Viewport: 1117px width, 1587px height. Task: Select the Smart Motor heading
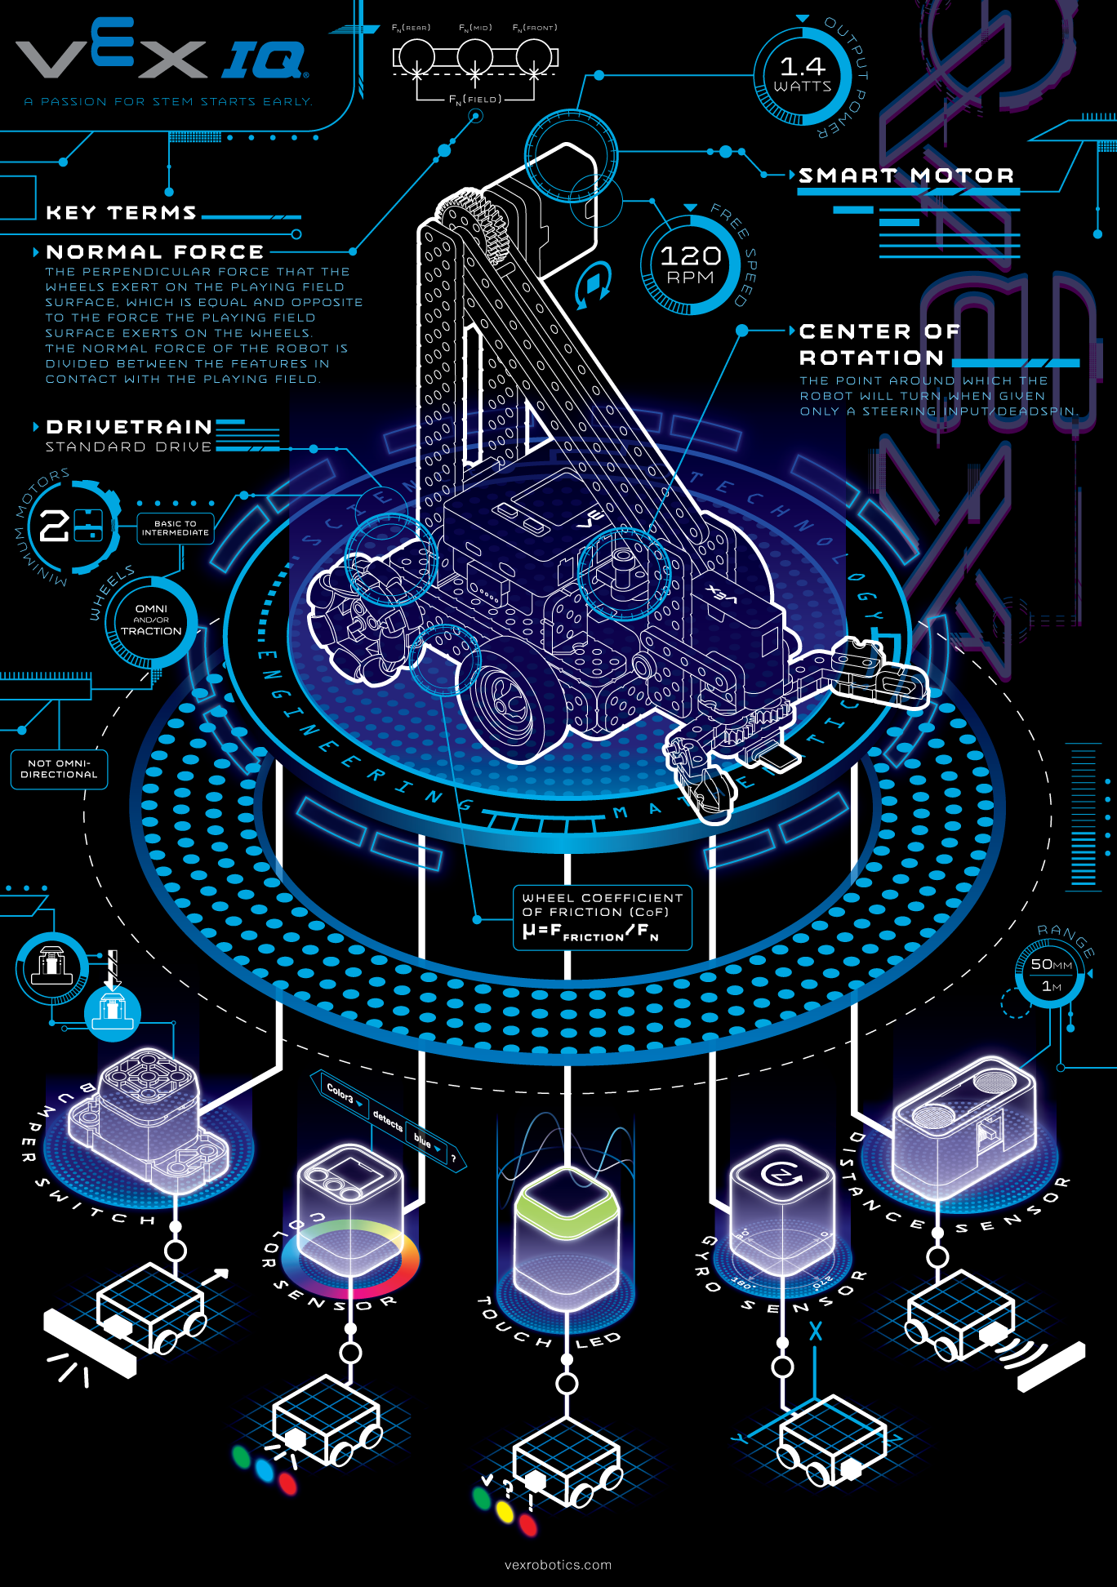click(x=906, y=176)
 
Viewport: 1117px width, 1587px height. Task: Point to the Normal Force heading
click(x=155, y=252)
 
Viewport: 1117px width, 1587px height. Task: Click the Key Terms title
click(x=121, y=213)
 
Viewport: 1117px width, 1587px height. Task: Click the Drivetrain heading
click(x=129, y=427)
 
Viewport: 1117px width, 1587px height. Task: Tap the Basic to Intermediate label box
click(x=175, y=528)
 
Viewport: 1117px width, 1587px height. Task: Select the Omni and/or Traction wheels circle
click(x=151, y=620)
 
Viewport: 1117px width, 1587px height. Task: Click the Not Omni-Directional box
click(x=59, y=769)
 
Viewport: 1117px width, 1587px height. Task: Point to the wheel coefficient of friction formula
click(x=602, y=918)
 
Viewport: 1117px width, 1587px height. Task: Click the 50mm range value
click(x=1051, y=965)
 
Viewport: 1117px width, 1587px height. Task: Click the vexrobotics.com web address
click(x=558, y=1565)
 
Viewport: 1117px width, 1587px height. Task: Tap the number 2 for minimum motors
click(x=54, y=526)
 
